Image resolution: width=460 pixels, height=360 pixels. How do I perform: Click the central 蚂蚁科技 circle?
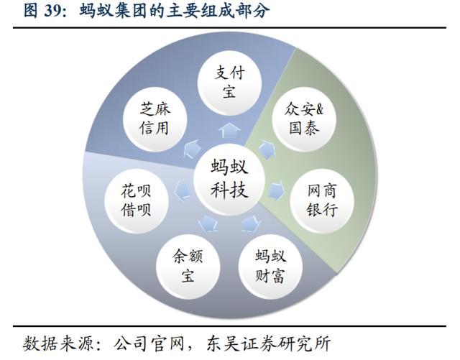229,178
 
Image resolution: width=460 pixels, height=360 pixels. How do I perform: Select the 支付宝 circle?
229,83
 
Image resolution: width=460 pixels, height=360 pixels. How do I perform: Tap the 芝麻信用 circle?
155,119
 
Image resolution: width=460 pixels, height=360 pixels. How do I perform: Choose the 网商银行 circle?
322,200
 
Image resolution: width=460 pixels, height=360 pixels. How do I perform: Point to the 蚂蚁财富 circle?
270,267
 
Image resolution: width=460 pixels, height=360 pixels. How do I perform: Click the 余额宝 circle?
188,267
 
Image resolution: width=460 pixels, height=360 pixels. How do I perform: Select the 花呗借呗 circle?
137,200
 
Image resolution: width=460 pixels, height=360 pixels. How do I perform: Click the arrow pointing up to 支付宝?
229,130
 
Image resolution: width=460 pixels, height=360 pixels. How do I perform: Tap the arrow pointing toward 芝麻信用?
192,149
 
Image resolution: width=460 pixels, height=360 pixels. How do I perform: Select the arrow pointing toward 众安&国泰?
267,149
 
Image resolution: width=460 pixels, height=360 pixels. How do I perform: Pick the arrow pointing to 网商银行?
277,190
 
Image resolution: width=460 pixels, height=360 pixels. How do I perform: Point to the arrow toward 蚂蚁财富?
251,224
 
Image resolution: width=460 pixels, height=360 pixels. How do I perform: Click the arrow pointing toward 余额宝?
208,224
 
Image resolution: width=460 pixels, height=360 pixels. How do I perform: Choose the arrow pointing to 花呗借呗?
183,190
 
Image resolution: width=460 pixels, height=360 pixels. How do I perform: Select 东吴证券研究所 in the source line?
268,343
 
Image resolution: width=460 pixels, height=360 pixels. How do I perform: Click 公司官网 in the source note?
149,343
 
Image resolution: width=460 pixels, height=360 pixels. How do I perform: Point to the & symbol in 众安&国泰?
319,109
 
